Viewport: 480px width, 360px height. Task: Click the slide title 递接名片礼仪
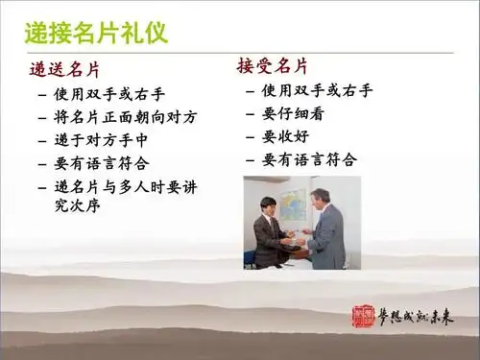point(95,33)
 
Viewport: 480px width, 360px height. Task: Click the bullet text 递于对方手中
point(105,139)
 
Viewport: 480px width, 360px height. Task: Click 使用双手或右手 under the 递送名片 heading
point(111,94)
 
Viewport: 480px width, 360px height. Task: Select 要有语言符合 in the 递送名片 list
point(105,162)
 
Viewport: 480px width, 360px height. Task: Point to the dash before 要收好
point(252,136)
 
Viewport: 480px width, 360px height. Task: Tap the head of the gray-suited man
point(320,196)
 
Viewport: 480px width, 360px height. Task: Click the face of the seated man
point(271,207)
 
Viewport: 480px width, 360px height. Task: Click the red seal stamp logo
point(364,318)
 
